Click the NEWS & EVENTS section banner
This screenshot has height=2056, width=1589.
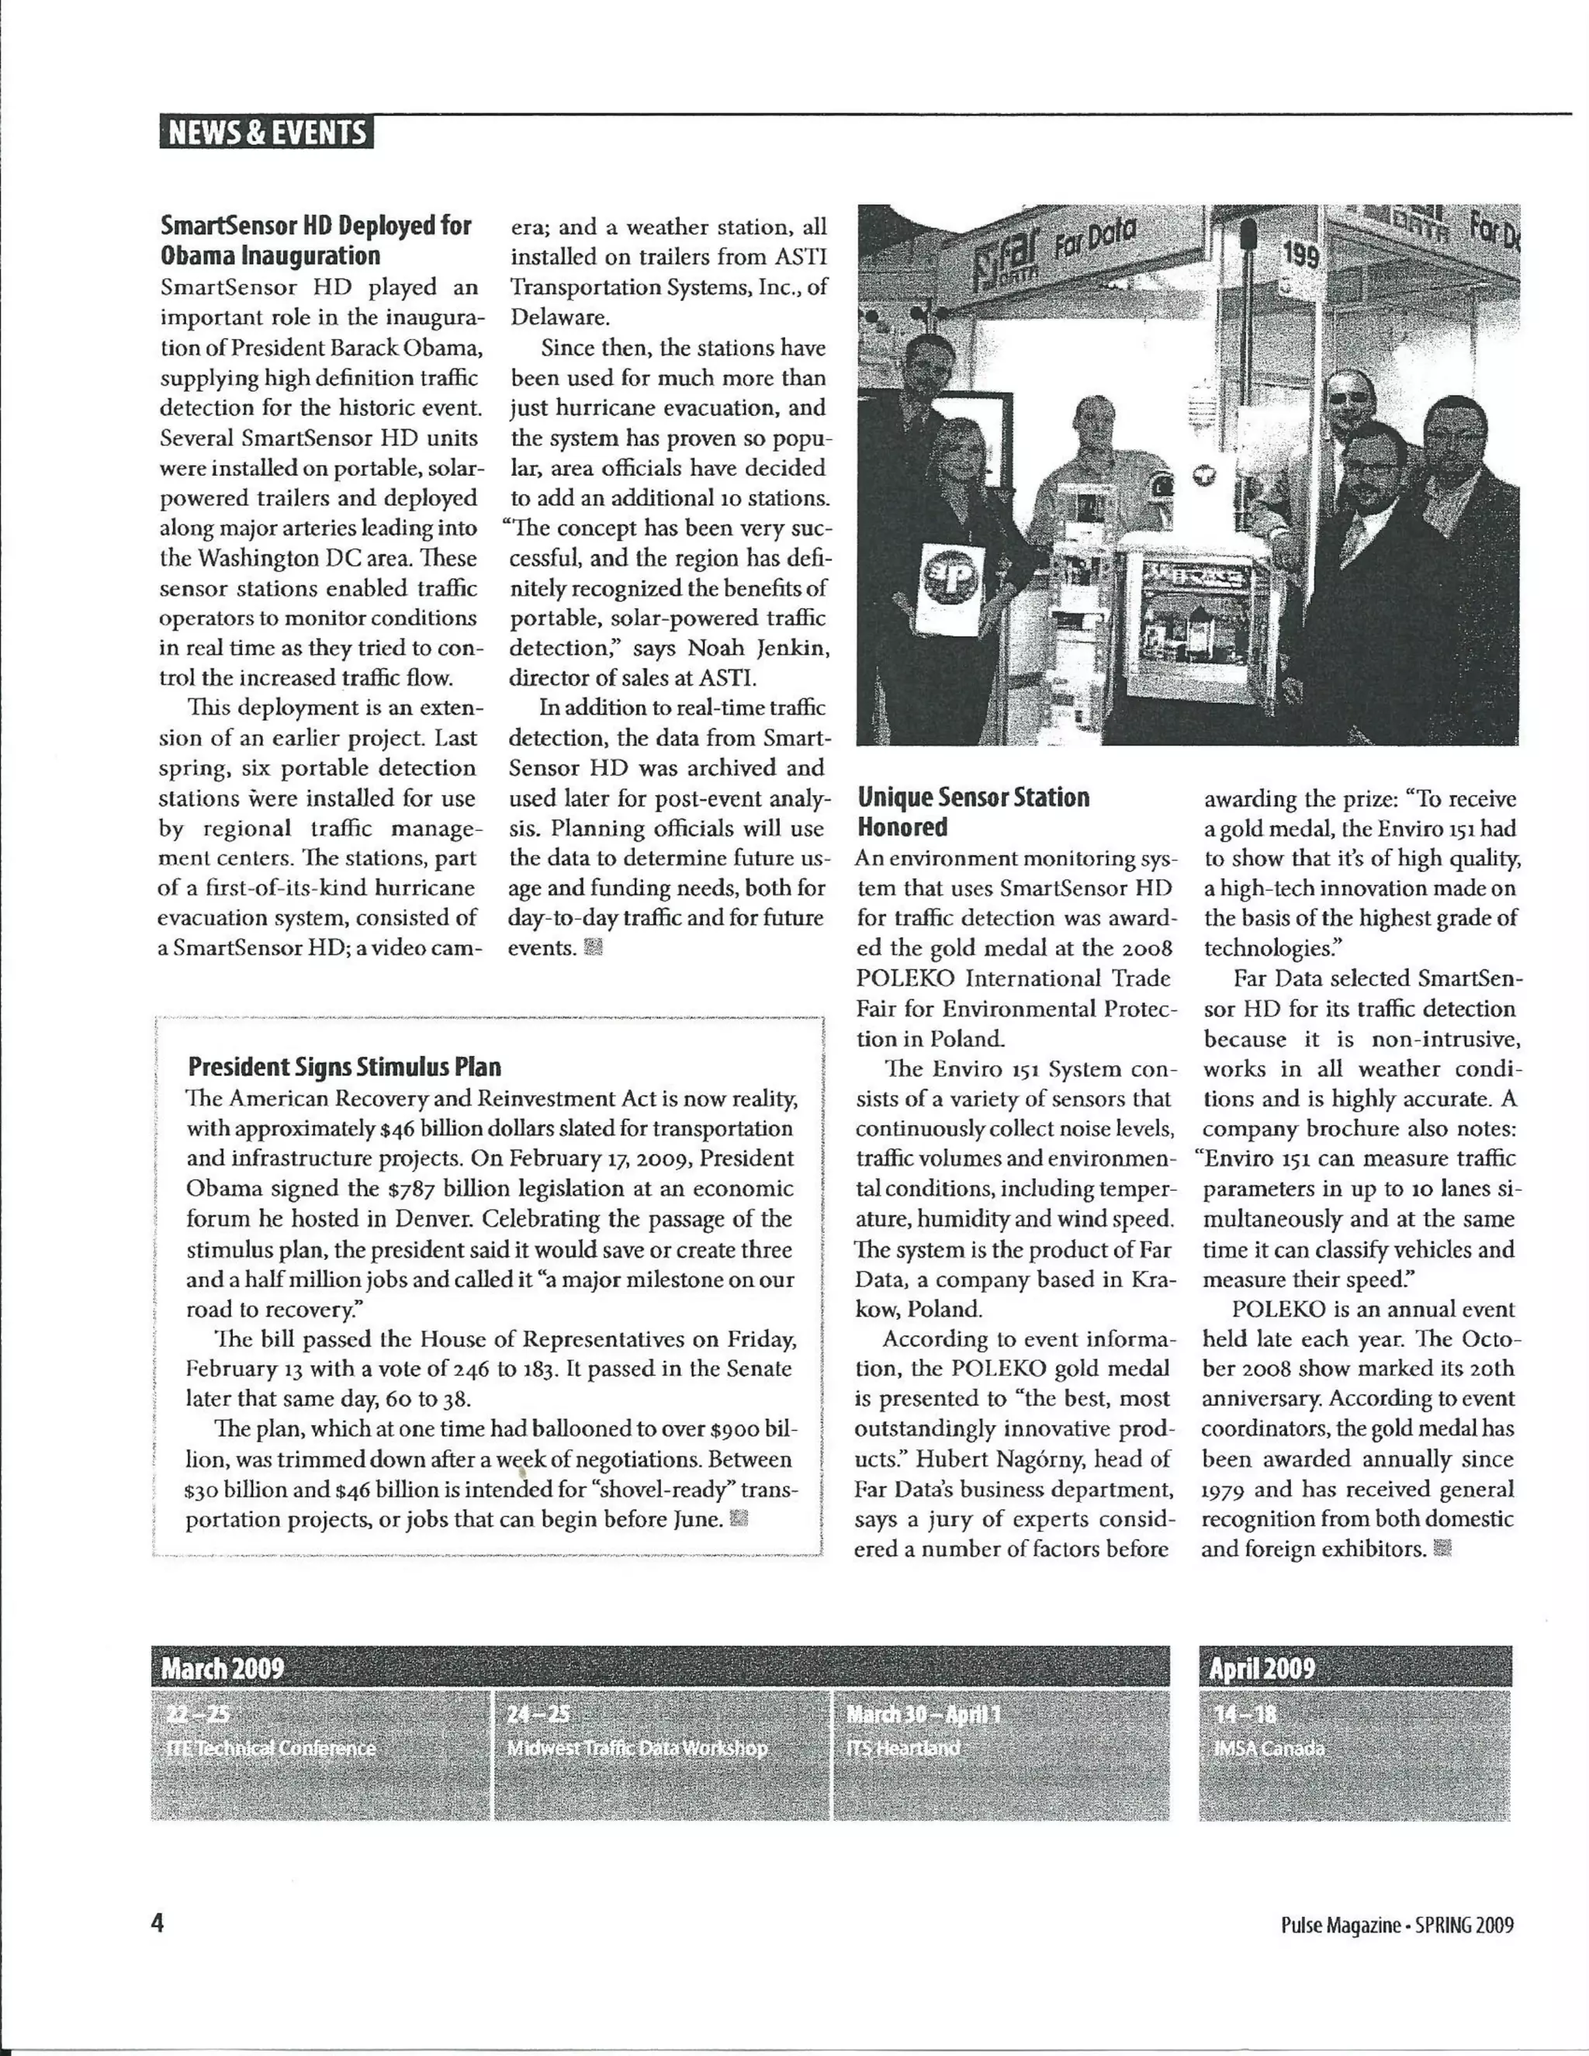[x=265, y=133]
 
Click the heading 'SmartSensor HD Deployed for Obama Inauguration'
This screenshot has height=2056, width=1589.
[x=315, y=241]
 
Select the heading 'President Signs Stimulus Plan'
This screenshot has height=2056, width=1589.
[x=344, y=1067]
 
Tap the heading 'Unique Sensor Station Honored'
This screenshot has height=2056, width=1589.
[x=972, y=812]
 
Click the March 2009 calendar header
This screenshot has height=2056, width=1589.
[x=223, y=1669]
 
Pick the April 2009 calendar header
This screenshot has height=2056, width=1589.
[x=1262, y=1669]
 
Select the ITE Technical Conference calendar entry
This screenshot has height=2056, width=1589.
[x=271, y=1749]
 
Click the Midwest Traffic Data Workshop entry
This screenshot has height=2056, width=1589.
[x=636, y=1749]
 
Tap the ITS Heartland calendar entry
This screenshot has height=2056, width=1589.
[x=903, y=1749]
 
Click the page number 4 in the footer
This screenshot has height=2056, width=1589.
[x=158, y=1923]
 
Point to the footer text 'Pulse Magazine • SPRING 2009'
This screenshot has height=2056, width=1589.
[x=1397, y=1925]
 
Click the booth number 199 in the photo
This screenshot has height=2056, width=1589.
[x=1302, y=255]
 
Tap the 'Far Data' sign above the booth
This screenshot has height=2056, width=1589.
[x=1095, y=239]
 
